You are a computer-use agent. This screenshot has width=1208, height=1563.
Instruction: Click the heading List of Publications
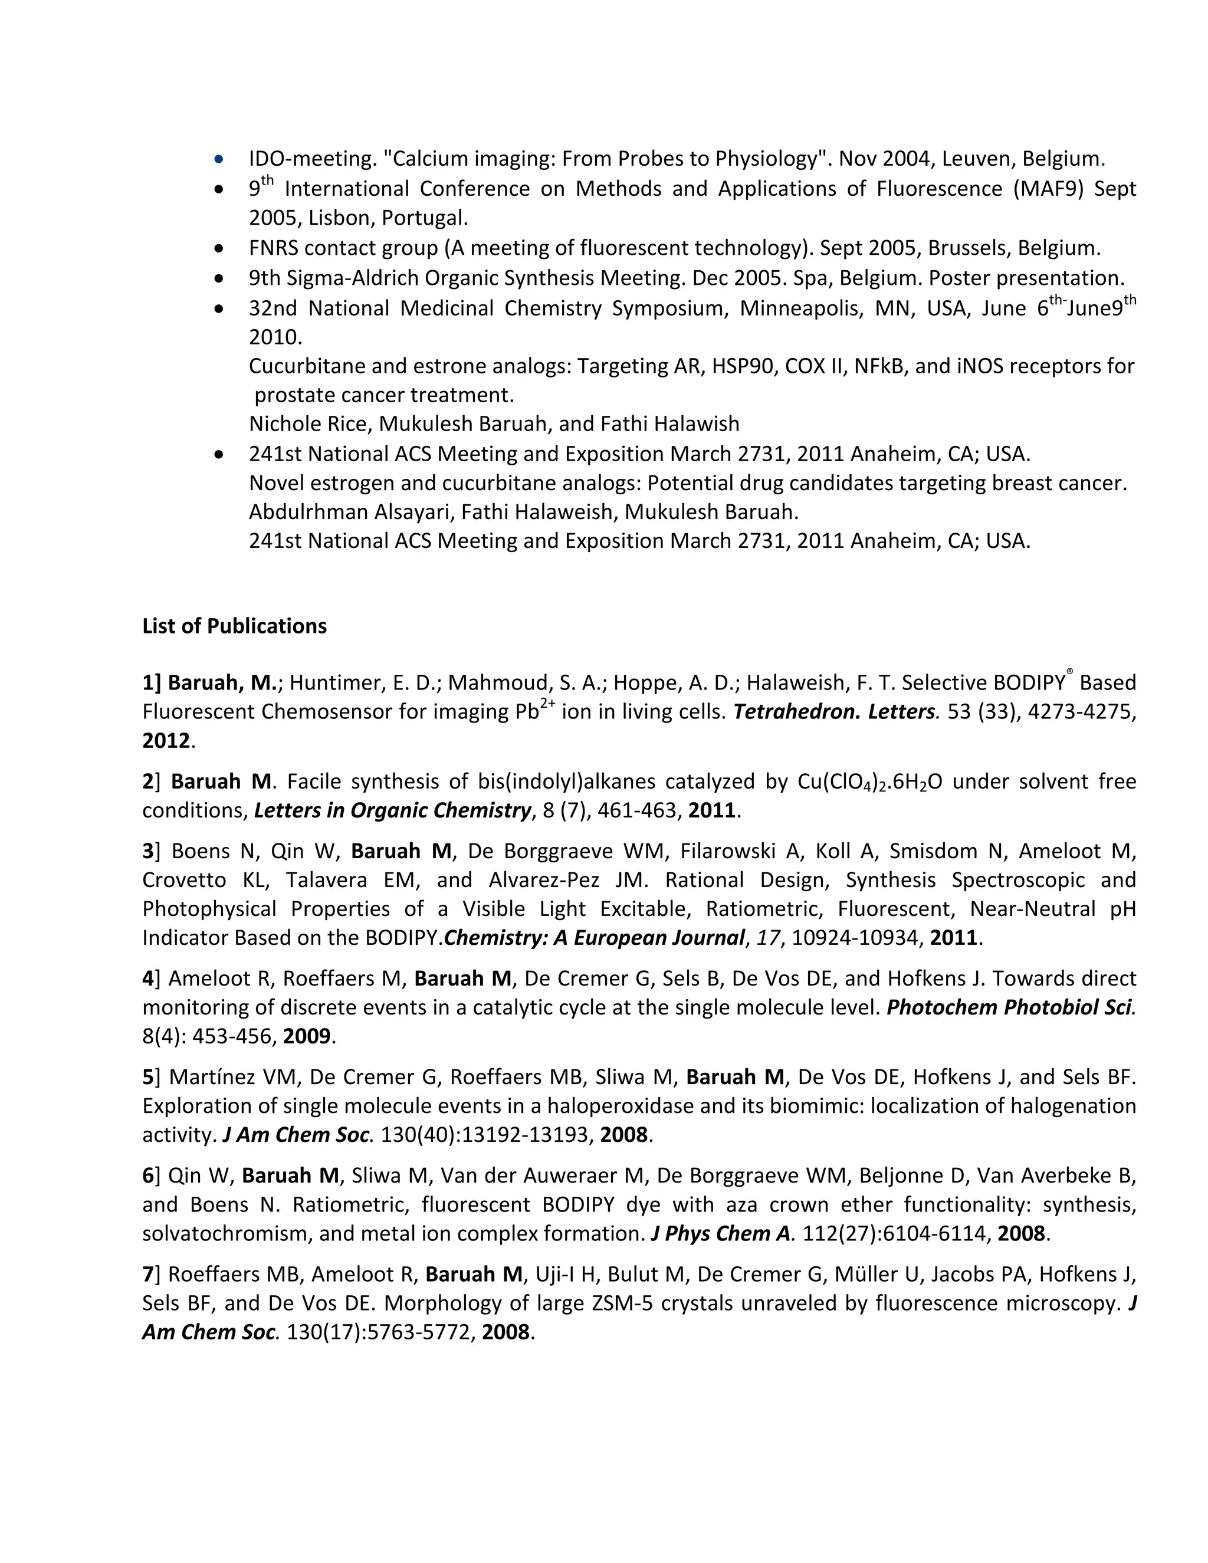234,626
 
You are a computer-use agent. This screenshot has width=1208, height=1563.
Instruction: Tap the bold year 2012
166,741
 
